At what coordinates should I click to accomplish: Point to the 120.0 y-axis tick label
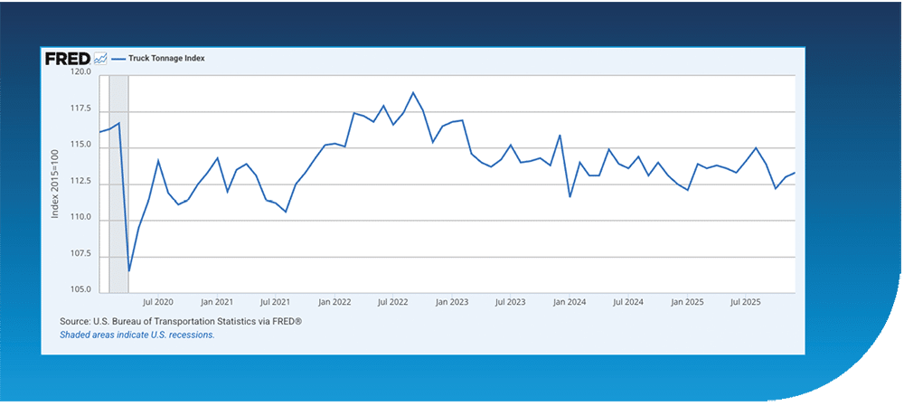pos(80,72)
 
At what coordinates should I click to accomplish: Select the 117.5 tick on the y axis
pos(80,109)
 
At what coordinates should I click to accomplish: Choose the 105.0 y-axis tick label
pos(80,290)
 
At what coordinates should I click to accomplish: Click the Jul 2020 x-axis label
pos(158,302)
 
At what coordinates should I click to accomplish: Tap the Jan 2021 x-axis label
pos(217,302)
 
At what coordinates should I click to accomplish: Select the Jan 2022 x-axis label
pos(334,302)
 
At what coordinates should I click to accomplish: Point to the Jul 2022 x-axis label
pos(393,302)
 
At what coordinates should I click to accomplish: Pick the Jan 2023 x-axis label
pos(452,302)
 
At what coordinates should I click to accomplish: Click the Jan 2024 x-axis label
pos(570,302)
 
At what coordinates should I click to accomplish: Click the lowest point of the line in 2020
pos(129,270)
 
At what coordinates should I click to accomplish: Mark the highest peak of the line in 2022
pos(413,93)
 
